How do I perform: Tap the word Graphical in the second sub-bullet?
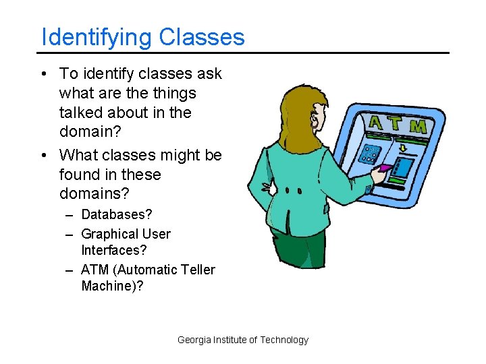click(107, 234)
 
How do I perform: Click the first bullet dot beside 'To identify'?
click(43, 73)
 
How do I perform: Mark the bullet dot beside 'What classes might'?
click(43, 155)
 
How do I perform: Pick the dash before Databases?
click(70, 215)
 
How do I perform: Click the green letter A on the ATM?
click(376, 121)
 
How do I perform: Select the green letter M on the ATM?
click(418, 126)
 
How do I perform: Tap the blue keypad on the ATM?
click(369, 154)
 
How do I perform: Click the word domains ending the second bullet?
click(94, 194)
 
